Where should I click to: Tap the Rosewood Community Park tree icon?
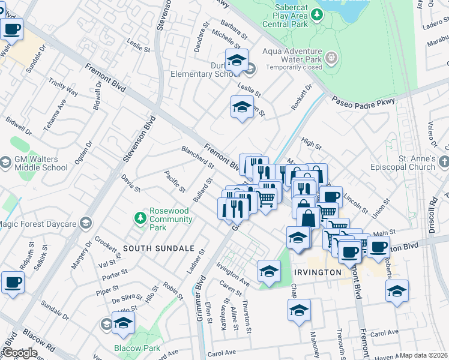click(140, 217)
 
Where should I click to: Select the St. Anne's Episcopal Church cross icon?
click(444, 162)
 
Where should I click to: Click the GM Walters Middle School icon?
click(6, 163)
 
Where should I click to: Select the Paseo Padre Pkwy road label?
click(363, 102)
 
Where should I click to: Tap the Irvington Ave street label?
click(233, 274)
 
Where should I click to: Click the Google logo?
click(19, 353)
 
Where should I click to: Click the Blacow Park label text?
click(137, 348)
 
